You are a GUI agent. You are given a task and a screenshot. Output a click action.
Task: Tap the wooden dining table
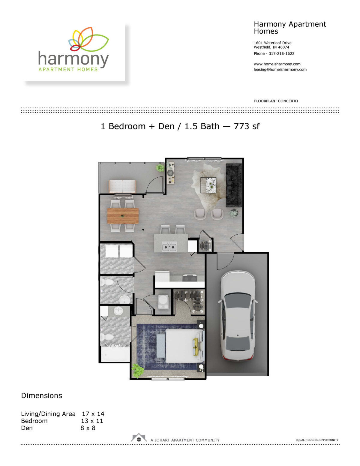pyautogui.click(x=123, y=216)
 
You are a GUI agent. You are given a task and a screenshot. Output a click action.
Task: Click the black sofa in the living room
pyautogui.click(x=234, y=185)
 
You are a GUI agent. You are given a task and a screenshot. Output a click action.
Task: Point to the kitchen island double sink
pyautogui.click(x=169, y=247)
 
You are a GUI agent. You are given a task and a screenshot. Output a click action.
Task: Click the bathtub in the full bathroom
pyautogui.click(x=115, y=354)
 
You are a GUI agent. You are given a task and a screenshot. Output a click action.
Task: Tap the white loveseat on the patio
pyautogui.click(x=122, y=186)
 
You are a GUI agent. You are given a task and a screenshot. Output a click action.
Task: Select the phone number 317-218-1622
pyautogui.click(x=281, y=54)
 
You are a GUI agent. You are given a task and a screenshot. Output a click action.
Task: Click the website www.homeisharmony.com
pyautogui.click(x=277, y=64)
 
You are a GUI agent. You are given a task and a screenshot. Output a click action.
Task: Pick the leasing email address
pyautogui.click(x=280, y=70)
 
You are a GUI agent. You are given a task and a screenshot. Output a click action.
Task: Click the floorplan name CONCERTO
pyautogui.click(x=288, y=101)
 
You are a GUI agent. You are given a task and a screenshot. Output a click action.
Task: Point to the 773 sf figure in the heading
pyautogui.click(x=246, y=126)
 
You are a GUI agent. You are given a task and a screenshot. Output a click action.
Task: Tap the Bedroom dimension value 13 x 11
pyautogui.click(x=92, y=421)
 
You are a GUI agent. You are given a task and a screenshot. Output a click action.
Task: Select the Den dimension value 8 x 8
pyautogui.click(x=88, y=428)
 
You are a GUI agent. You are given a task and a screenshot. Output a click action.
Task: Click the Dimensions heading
pyautogui.click(x=42, y=396)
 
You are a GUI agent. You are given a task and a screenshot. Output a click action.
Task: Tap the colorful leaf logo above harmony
pyautogui.click(x=88, y=39)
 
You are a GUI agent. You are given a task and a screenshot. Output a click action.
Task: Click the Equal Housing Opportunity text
pyautogui.click(x=317, y=440)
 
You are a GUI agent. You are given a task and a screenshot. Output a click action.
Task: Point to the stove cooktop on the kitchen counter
pyautogui.click(x=190, y=278)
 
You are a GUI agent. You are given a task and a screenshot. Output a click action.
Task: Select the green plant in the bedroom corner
pyautogui.click(x=138, y=371)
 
